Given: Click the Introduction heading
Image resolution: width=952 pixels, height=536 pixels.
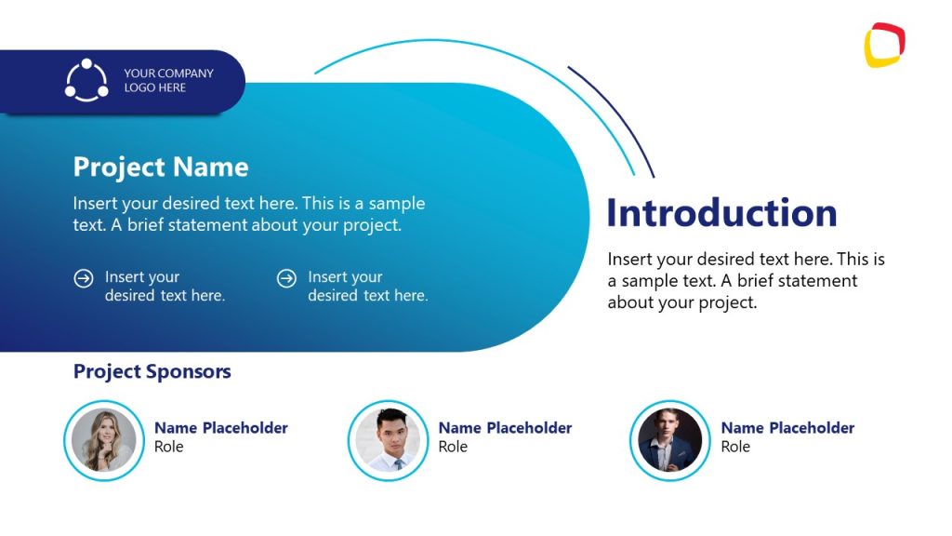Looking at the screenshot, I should pos(721,213).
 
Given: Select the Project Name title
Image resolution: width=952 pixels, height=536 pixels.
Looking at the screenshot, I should pos(161,167).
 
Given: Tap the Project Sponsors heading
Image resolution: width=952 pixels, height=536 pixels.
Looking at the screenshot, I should pos(152,372).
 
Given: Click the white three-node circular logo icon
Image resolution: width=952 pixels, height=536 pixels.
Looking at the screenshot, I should pos(86,81).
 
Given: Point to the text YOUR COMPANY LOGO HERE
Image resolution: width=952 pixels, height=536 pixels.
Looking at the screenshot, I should pos(168,81).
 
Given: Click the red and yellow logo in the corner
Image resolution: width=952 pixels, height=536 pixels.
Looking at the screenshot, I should pos(884,45).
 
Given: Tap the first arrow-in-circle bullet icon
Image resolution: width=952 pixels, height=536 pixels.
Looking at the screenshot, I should pos(84,278).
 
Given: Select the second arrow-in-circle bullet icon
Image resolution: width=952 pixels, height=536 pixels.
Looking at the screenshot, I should pos(288,278).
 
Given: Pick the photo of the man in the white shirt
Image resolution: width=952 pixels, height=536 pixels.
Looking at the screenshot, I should pos(388,440).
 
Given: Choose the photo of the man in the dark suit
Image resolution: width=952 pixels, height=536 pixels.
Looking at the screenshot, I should pos(669,440).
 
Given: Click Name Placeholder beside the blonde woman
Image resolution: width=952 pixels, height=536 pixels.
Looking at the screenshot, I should pos(221,428).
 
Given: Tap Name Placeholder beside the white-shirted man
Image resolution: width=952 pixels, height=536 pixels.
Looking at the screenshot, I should pos(505,428).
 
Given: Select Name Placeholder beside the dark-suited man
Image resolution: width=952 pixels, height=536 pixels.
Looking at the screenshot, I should pos(787,428).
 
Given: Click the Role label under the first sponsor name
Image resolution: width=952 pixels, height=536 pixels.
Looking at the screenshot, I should pos(169,448).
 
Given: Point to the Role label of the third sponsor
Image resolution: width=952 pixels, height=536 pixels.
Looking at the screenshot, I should pos(735,448).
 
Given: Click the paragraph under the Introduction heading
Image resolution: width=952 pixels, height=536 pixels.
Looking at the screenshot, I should pos(746,281).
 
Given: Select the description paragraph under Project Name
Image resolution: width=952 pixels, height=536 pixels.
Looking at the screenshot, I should pos(249,214).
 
